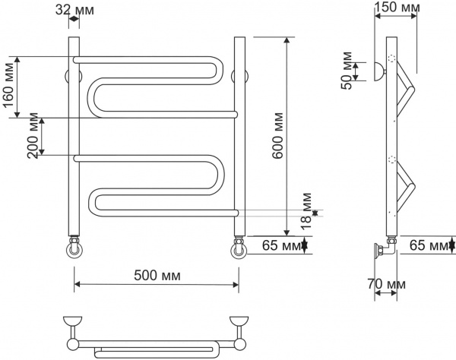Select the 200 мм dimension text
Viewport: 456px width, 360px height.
(32, 136)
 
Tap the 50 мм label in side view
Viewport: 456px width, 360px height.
(347, 69)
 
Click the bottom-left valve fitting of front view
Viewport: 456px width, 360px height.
(74, 248)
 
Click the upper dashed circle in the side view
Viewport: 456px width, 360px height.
(392, 59)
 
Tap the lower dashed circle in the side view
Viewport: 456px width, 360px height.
(392, 159)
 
